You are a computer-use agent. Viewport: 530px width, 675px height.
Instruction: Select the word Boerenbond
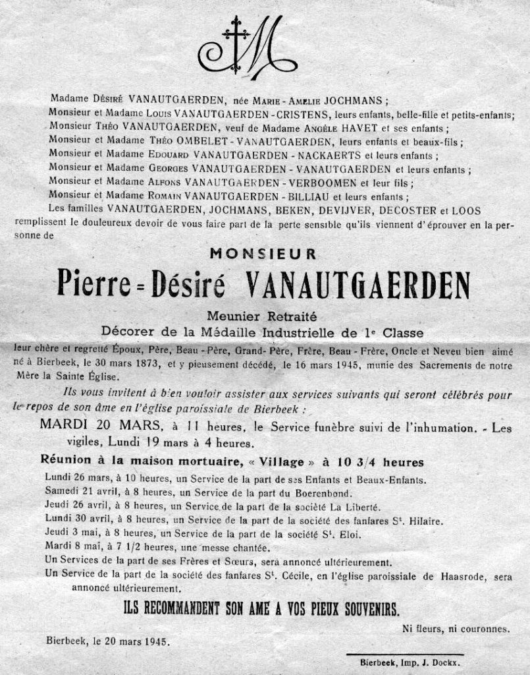coord(318,492)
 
